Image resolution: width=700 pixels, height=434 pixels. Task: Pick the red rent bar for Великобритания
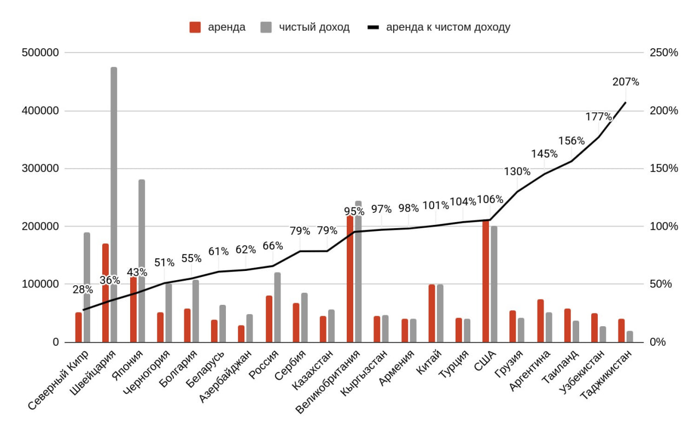(x=350, y=279)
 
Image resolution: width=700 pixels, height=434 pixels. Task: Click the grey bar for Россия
(x=277, y=307)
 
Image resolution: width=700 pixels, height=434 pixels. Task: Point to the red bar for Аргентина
(x=540, y=321)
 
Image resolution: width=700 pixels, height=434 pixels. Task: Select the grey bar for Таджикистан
(x=629, y=337)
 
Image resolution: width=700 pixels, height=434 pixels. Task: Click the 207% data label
(x=626, y=82)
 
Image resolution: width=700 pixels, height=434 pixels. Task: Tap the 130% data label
(x=517, y=171)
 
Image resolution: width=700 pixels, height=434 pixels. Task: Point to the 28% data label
(x=82, y=290)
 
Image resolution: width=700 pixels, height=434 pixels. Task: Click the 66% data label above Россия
(x=273, y=246)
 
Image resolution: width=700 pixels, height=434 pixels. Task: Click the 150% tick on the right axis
(x=663, y=169)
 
